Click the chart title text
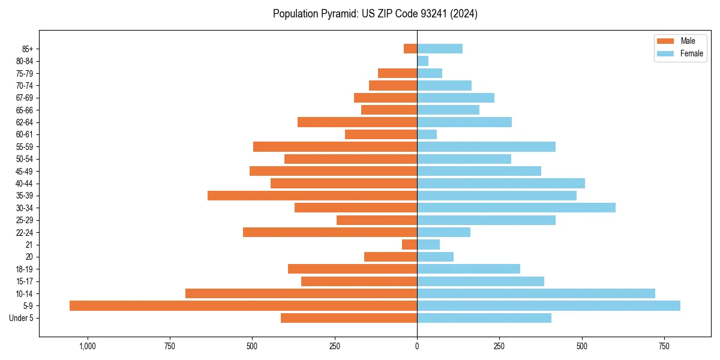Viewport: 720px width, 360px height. pos(375,14)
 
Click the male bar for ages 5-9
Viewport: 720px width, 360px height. pos(243,306)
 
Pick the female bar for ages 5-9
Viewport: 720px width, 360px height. pos(548,306)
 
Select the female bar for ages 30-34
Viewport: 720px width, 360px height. pos(516,208)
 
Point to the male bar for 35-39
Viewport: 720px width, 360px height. pos(312,196)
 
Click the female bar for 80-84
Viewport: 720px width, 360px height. pos(423,61)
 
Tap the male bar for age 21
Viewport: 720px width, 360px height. pos(409,245)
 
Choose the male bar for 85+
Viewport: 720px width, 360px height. pos(410,49)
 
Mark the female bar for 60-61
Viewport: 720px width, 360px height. pos(427,134)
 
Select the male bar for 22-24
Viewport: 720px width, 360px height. pos(330,232)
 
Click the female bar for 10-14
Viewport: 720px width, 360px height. pos(536,293)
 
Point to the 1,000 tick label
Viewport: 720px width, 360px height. pos(88,346)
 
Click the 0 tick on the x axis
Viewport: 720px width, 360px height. pos(417,346)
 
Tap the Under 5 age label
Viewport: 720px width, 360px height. pos(22,318)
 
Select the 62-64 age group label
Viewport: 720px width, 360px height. pos(25,122)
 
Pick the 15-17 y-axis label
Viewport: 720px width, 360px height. pos(25,281)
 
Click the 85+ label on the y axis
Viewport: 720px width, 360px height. pos(28,49)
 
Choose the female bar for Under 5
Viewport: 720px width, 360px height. pos(484,318)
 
